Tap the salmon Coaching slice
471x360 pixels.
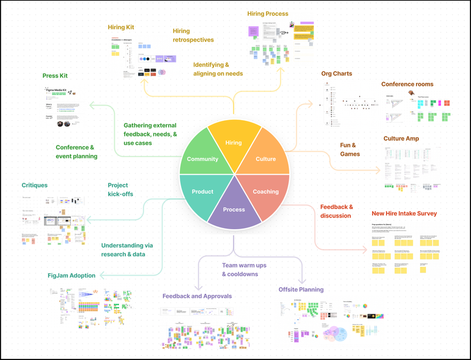tap(265, 192)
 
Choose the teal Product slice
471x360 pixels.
tap(203, 192)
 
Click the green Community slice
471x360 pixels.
tap(202, 159)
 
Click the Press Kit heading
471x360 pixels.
tap(55, 76)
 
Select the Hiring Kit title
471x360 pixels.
tap(121, 27)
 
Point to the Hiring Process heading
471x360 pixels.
tap(268, 13)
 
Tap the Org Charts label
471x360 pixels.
tap(337, 74)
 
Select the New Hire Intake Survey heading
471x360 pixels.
tap(404, 213)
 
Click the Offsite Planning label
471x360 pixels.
tap(301, 290)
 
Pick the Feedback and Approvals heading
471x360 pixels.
tap(197, 296)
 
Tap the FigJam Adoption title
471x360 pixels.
tap(71, 276)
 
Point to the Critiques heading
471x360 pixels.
tap(35, 185)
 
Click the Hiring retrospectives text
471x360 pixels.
tap(193, 35)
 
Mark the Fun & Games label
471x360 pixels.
tap(350, 150)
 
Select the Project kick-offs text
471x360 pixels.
tap(121, 189)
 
